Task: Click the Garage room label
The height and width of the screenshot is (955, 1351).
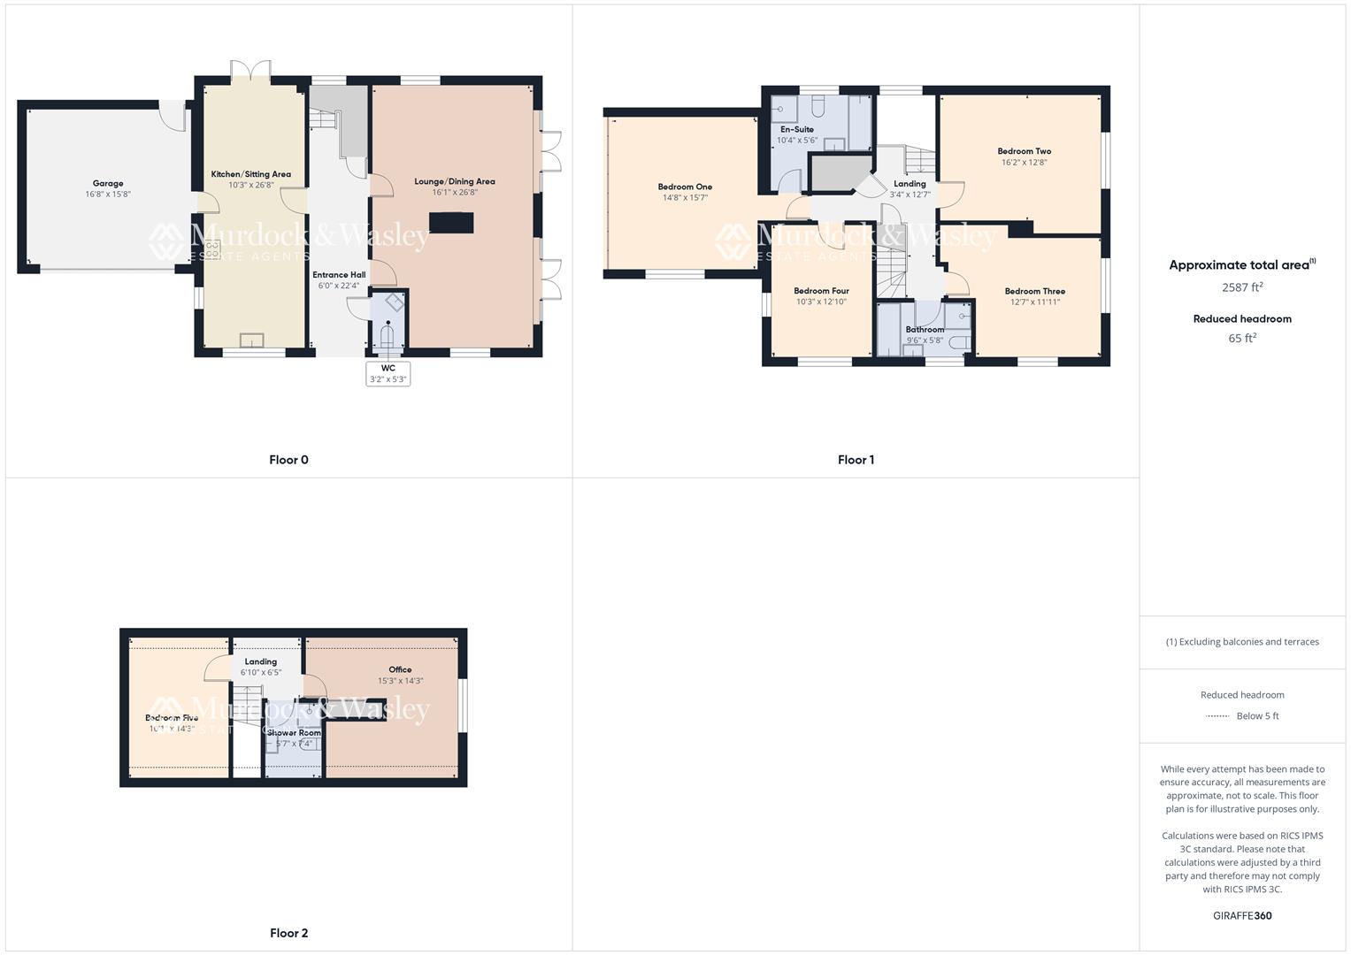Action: click(x=108, y=184)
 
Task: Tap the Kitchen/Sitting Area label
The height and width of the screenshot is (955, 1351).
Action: click(x=250, y=174)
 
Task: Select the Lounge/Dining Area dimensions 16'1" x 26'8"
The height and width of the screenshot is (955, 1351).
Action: click(x=455, y=193)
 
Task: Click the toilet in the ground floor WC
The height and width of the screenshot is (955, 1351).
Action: click(x=388, y=336)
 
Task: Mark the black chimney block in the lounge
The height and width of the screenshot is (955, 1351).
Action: click(x=451, y=222)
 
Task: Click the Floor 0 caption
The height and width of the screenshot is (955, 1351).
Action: click(x=288, y=460)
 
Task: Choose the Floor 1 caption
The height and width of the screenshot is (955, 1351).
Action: click(x=856, y=460)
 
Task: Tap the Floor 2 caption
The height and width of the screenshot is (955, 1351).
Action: click(x=288, y=933)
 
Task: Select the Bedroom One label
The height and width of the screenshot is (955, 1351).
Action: click(x=685, y=187)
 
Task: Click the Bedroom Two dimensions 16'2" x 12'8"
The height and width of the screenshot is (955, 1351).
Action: click(x=1024, y=163)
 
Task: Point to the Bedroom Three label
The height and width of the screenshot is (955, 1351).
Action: click(x=1034, y=291)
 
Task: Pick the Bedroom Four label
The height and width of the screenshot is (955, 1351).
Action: click(x=821, y=291)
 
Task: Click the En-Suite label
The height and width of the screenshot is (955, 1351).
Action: click(x=796, y=129)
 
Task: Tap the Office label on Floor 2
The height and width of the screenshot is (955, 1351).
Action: click(x=400, y=669)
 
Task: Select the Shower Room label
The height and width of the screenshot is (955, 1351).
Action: click(x=295, y=733)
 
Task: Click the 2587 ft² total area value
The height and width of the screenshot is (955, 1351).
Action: click(x=1242, y=287)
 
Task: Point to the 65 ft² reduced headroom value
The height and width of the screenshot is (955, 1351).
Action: click(x=1242, y=338)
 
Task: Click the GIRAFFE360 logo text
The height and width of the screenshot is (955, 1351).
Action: click(x=1242, y=916)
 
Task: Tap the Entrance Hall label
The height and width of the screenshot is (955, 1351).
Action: click(x=339, y=275)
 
